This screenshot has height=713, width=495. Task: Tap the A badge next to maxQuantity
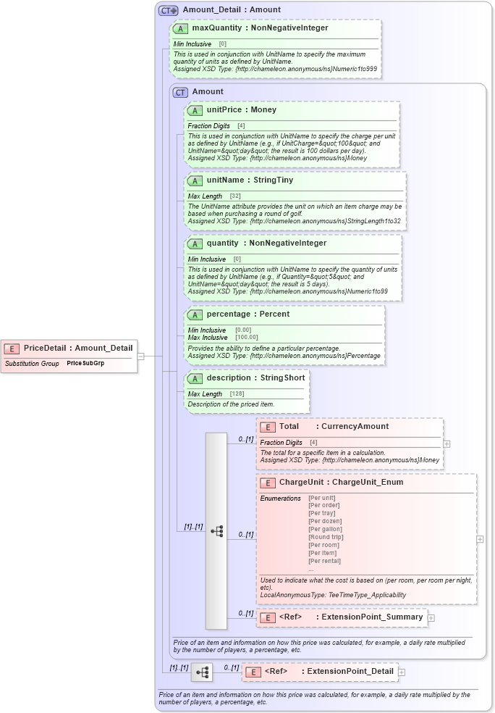179,29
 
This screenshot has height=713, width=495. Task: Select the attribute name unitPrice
224,110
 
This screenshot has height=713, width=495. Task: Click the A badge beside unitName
194,180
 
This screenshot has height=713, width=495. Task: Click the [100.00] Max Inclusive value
246,338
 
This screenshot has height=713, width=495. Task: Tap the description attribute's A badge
194,378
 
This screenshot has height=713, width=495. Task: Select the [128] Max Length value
237,394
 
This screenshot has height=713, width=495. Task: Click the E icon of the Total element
267,427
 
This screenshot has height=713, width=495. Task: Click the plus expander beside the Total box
447,443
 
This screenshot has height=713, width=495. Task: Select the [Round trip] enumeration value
326,537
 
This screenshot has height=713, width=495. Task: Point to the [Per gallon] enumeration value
325,529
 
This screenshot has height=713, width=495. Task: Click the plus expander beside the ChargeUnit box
480,539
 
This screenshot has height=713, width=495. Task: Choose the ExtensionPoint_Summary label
373,617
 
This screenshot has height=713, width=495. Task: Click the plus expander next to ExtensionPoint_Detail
402,672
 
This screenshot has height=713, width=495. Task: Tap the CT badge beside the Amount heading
180,92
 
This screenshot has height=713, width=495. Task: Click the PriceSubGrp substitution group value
85,363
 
